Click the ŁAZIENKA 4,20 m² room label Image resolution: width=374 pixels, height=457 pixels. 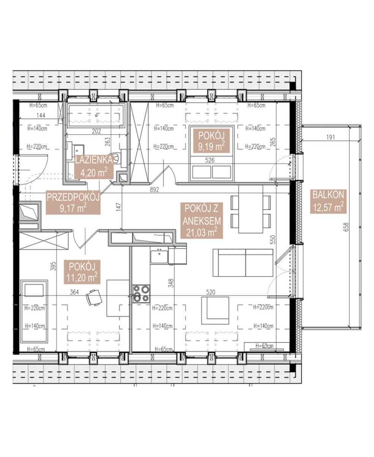click(93, 167)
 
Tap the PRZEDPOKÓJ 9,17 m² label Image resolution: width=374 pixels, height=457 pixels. click(73, 202)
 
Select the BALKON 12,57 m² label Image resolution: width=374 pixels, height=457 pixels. click(328, 201)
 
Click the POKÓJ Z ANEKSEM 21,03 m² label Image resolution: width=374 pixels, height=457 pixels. click(201, 221)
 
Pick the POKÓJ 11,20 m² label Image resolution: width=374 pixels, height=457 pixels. click(82, 272)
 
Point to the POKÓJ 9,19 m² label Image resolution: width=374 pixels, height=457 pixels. click(211, 141)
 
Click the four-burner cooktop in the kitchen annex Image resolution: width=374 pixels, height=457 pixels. click(141, 294)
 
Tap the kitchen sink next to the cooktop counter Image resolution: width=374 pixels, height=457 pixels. click(159, 257)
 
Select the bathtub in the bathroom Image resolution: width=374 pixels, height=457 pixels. click(96, 115)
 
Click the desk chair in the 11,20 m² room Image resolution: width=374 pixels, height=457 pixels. click(94, 297)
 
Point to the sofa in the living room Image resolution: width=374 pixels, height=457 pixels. click(243, 263)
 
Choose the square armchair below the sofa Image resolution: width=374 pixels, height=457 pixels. click(215, 310)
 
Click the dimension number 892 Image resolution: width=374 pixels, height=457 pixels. click(154, 190)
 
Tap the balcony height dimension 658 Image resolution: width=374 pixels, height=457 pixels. click(346, 227)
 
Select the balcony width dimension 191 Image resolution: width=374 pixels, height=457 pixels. click(331, 137)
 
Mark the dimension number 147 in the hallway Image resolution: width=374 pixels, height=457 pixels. click(119, 207)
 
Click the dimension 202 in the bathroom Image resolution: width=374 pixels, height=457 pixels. click(97, 131)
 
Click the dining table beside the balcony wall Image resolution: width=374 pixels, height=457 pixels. click(251, 209)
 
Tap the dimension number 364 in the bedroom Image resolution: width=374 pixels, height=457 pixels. click(74, 292)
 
